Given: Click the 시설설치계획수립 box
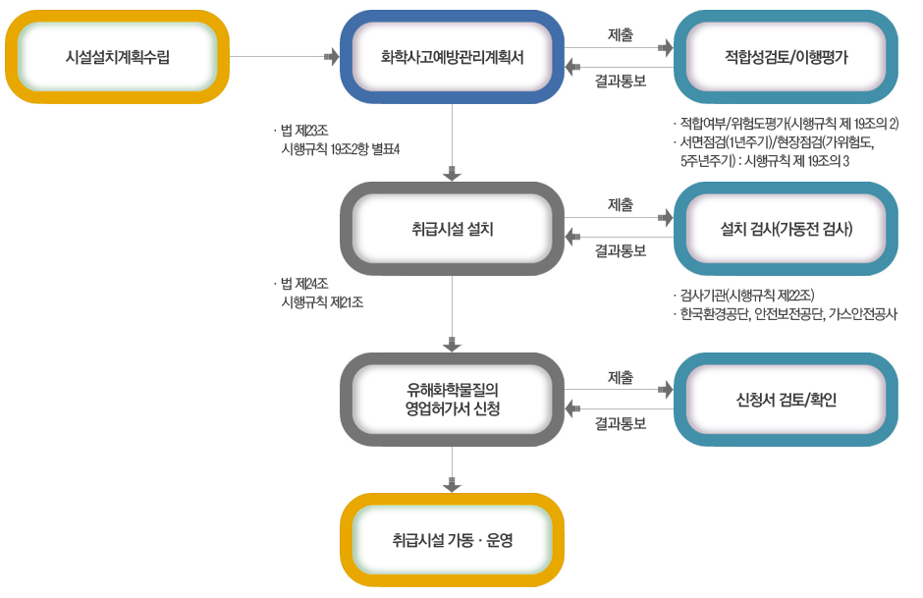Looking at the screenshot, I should click(117, 57).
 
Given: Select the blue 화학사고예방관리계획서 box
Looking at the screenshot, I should click(452, 57).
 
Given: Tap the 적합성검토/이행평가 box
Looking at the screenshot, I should click(786, 57).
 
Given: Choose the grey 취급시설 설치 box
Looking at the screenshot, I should click(452, 229).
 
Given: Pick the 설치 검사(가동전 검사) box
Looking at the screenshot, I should click(786, 230).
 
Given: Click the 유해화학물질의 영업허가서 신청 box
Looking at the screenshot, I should click(452, 400).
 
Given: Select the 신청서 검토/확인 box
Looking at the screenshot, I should click(786, 400).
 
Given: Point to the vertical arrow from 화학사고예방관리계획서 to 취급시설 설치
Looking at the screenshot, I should click(453, 142).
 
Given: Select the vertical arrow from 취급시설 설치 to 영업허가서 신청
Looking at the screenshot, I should click(453, 313).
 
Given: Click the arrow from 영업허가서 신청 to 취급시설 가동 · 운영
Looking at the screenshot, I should click(453, 469).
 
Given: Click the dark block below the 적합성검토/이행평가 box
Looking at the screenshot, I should click(786, 141).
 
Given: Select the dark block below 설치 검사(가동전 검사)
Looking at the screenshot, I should click(786, 304).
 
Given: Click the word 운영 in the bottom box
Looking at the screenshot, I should click(500, 540).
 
